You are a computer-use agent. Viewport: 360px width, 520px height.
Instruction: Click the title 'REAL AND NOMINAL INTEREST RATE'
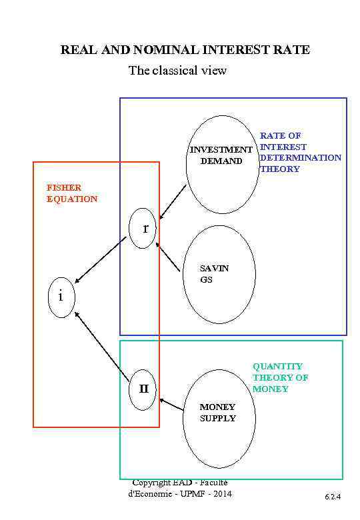click(x=185, y=50)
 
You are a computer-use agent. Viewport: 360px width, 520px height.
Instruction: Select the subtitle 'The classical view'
click(x=177, y=71)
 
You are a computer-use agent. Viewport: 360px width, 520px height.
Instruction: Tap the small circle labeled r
click(x=142, y=229)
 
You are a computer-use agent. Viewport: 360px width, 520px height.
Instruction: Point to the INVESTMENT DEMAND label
click(x=221, y=155)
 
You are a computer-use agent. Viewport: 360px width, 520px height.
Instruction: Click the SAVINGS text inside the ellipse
click(x=214, y=274)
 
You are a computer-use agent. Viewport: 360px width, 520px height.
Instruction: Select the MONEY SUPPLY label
click(x=217, y=413)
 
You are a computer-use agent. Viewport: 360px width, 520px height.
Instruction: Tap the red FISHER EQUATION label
click(x=72, y=193)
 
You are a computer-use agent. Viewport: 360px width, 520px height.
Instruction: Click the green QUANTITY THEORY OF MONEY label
click(x=280, y=377)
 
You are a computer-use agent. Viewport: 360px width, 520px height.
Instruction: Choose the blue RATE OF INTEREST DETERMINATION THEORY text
click(x=300, y=153)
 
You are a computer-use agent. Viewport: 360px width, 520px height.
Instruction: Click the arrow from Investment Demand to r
click(x=173, y=202)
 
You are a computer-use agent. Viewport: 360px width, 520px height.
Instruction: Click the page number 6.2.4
click(x=333, y=497)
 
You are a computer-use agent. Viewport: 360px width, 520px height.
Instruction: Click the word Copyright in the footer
click(x=152, y=482)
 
